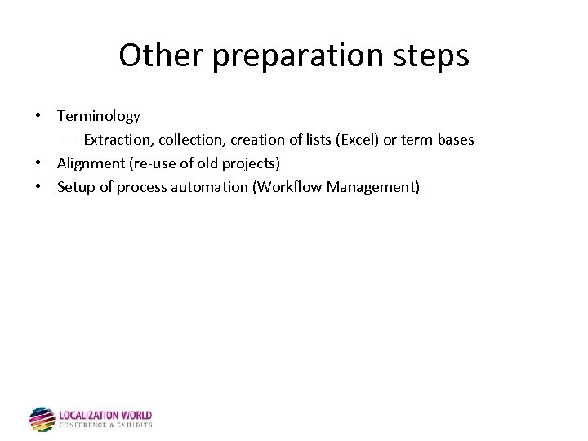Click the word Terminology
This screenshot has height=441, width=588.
[x=98, y=116]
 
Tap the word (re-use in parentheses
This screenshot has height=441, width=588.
[x=151, y=163]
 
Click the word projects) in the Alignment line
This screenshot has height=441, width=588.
[x=252, y=163]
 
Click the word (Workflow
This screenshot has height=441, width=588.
[x=287, y=187]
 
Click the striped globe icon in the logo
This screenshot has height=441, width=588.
[x=42, y=419]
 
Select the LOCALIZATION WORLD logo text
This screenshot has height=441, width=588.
[x=105, y=416]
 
